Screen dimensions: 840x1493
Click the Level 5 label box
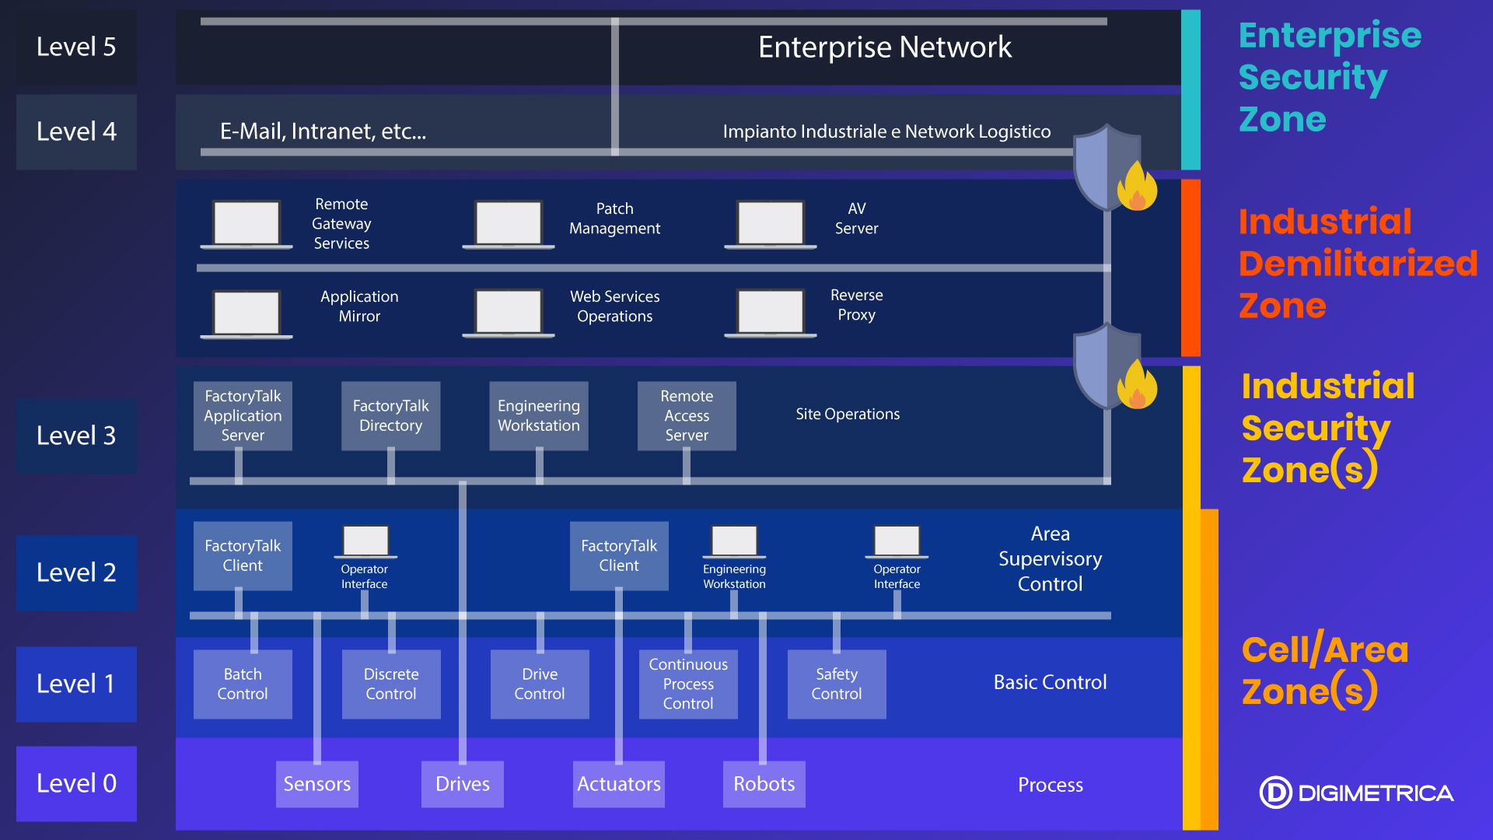(76, 47)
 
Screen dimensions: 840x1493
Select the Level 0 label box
(76, 783)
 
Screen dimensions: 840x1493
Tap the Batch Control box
(243, 684)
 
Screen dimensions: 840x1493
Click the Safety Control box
(837, 684)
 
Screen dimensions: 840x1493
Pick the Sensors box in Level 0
(316, 784)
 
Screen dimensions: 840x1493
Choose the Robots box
(764, 784)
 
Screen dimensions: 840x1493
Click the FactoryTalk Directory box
(390, 415)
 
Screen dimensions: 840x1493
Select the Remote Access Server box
(687, 415)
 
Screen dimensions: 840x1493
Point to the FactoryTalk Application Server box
(243, 415)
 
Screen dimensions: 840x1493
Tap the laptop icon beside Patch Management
(509, 225)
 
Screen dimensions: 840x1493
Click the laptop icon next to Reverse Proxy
(771, 313)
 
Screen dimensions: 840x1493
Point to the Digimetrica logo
(1356, 793)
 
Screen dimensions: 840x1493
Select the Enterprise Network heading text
(885, 47)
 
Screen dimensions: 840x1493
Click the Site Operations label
(848, 415)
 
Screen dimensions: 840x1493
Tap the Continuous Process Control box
(688, 684)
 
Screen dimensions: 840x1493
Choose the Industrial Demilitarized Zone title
(1357, 264)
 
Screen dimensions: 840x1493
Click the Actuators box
(619, 784)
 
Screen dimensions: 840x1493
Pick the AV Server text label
(856, 219)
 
